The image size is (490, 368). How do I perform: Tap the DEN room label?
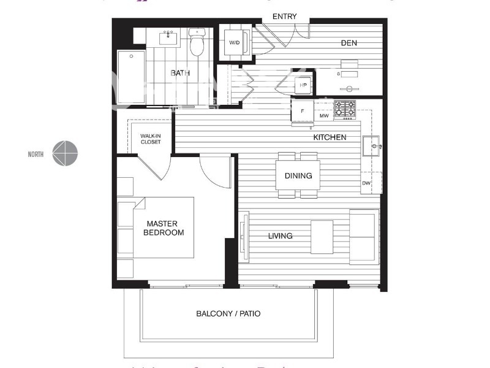[x=349, y=43]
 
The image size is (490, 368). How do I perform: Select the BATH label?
[x=180, y=73]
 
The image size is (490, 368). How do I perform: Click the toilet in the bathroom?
[x=197, y=44]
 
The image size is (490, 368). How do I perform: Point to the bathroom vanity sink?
[x=168, y=39]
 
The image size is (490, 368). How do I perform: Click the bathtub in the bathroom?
[x=130, y=77]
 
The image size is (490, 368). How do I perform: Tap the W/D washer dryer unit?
[x=235, y=43]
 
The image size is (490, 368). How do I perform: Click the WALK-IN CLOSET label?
[x=150, y=139]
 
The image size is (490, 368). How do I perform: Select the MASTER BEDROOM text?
[x=164, y=228]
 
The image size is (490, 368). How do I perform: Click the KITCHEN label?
[x=330, y=137]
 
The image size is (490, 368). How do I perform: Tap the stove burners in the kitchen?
[x=344, y=109]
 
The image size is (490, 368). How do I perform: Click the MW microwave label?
[x=324, y=115]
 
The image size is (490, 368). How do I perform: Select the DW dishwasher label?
[x=366, y=183]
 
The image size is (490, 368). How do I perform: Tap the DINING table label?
[x=298, y=175]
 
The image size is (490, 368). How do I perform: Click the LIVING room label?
[x=280, y=236]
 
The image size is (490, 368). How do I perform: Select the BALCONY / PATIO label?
[x=228, y=313]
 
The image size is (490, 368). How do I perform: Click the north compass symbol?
[x=65, y=153]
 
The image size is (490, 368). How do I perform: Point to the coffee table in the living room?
[x=322, y=236]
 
